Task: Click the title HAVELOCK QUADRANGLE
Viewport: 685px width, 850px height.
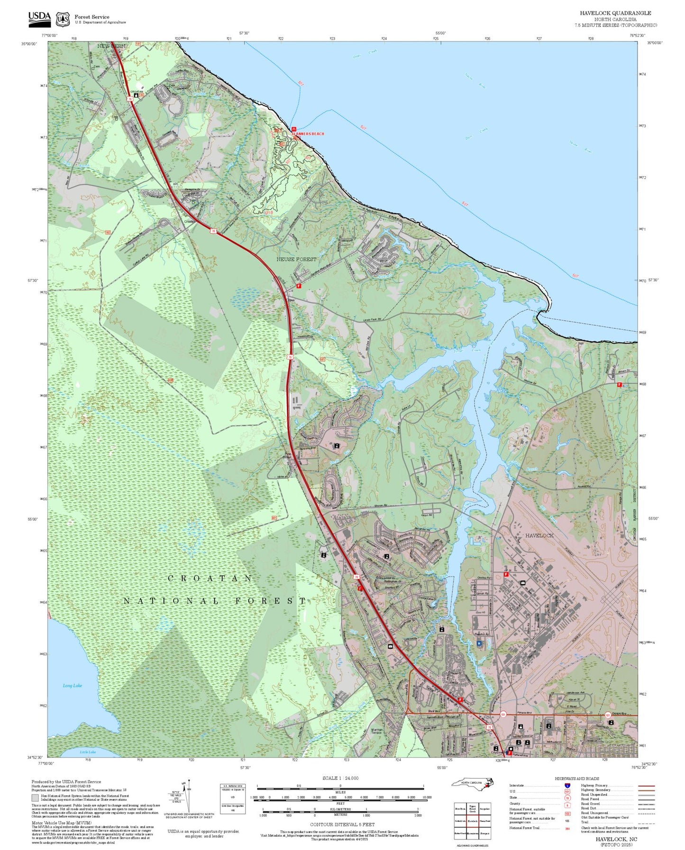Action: coord(615,13)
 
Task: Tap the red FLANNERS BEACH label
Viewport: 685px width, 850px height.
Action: coord(309,134)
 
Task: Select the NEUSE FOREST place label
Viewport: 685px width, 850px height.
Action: coord(296,259)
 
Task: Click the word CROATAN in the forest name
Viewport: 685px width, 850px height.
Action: coord(210,579)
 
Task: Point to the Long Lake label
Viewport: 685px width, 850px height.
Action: coord(72,686)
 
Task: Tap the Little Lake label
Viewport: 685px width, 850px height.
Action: coord(87,752)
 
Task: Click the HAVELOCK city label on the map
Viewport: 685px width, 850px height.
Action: coord(539,535)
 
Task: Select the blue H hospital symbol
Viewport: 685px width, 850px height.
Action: coord(479,643)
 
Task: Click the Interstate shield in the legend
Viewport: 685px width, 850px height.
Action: coord(567,786)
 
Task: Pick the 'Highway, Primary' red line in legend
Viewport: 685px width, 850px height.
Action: coord(646,786)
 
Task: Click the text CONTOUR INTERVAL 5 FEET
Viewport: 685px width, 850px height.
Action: coord(340,824)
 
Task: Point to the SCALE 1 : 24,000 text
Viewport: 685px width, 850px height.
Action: coord(340,778)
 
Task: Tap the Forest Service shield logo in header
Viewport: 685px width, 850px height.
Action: coord(63,19)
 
